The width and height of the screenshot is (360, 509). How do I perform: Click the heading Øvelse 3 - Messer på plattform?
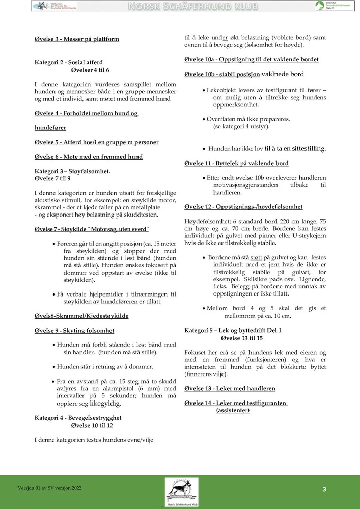click(x=76, y=39)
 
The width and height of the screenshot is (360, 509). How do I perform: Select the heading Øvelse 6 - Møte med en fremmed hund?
click(x=88, y=157)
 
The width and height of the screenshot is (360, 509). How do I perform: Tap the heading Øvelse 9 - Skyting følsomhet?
click(x=74, y=331)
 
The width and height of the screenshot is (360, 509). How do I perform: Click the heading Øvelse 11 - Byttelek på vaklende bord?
click(x=236, y=163)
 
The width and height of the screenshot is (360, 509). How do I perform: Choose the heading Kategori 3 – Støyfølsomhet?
click(x=72, y=172)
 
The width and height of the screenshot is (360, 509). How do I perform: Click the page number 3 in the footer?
click(x=324, y=490)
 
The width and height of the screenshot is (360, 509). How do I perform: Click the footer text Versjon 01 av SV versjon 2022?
click(x=49, y=488)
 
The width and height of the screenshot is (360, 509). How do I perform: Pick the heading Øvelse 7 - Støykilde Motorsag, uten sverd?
click(x=92, y=229)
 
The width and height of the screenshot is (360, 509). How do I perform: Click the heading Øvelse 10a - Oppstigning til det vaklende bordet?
click(x=252, y=59)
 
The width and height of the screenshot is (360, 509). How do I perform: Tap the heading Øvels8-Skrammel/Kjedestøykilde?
click(x=81, y=316)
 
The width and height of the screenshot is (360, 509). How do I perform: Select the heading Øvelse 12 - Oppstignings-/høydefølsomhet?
click(x=243, y=207)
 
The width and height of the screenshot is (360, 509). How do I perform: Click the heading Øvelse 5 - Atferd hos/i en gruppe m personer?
click(x=96, y=142)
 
